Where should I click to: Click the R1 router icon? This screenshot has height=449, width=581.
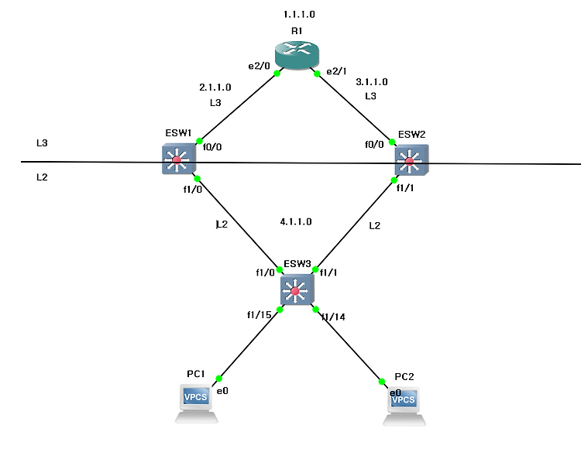point(297,55)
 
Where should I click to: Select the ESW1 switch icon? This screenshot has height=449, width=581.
point(179,159)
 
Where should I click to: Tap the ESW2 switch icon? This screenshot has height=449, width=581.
point(411,160)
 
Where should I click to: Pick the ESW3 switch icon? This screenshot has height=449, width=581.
point(297,290)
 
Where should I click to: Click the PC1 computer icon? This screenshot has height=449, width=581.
point(197,403)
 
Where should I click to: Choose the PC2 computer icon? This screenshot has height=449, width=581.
point(404,406)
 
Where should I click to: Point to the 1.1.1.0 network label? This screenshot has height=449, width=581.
point(299,15)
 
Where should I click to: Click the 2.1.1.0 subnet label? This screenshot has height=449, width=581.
point(215,87)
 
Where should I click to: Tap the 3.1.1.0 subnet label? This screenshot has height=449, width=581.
point(372,82)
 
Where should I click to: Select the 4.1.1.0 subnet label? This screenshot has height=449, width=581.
point(296,221)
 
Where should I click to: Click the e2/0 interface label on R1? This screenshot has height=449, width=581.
point(259,66)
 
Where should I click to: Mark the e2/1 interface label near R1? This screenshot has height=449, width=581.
point(336,71)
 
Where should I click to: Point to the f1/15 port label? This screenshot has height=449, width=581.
point(260,314)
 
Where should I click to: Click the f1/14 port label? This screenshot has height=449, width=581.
point(333,317)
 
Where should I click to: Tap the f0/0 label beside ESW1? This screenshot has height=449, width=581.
point(212,147)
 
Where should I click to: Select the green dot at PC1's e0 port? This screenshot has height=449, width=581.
point(218,379)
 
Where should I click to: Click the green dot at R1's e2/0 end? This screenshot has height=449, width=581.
point(277,74)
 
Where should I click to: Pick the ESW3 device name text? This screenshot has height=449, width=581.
point(297,263)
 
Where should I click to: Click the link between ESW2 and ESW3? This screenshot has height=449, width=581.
point(355,224)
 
